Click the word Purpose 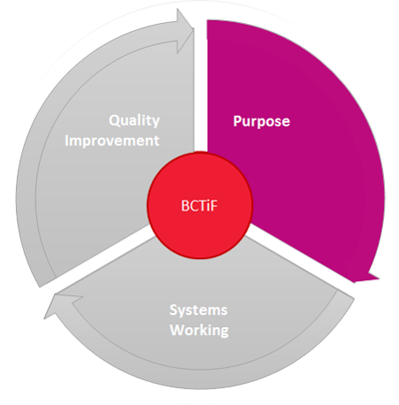click(x=261, y=122)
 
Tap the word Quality click(x=135, y=121)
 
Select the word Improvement click(x=112, y=141)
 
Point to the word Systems click(x=199, y=310)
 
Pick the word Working click(x=199, y=330)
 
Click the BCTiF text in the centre click(x=199, y=205)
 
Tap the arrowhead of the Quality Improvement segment click(x=185, y=31)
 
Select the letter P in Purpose click(x=237, y=121)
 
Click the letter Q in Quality click(x=115, y=121)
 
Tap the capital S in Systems click(x=174, y=310)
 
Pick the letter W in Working click(x=177, y=330)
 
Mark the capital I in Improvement click(x=67, y=141)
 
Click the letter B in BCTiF click(x=185, y=205)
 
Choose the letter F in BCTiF click(x=214, y=205)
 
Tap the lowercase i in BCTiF click(x=208, y=205)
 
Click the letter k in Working click(x=204, y=330)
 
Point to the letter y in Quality click(x=156, y=123)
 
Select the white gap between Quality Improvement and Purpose click(x=200, y=87)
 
